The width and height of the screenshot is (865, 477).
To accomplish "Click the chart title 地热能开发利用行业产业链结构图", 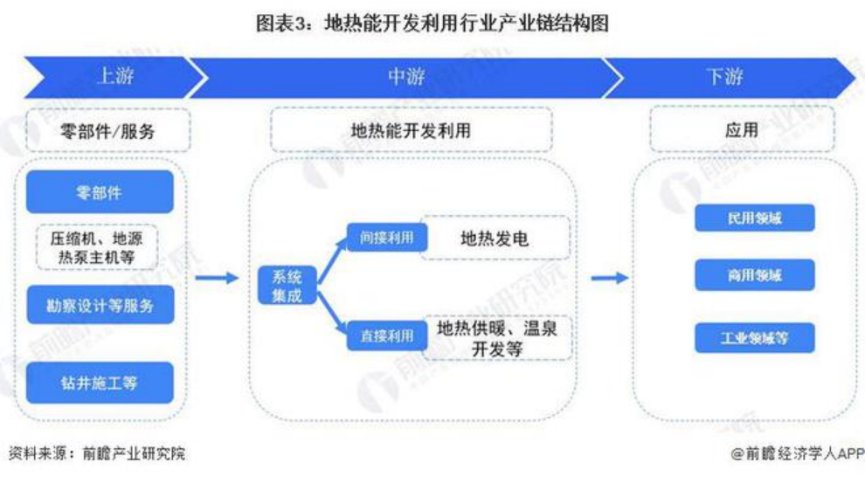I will (432, 24).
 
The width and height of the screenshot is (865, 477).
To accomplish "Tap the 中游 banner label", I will (406, 77).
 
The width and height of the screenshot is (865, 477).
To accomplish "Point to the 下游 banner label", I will (724, 77).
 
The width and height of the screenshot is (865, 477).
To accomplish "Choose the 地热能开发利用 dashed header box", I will (411, 131).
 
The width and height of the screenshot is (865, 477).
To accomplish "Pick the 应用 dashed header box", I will (742, 131).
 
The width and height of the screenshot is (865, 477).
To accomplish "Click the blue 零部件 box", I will (100, 192).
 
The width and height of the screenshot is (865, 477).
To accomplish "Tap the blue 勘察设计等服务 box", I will (100, 305).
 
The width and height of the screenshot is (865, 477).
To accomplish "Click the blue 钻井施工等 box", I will (100, 383).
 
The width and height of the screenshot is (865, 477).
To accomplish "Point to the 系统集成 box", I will (287, 286).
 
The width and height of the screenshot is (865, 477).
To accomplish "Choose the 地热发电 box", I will (496, 238).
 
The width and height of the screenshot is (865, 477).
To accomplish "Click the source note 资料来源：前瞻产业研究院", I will (97, 453).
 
